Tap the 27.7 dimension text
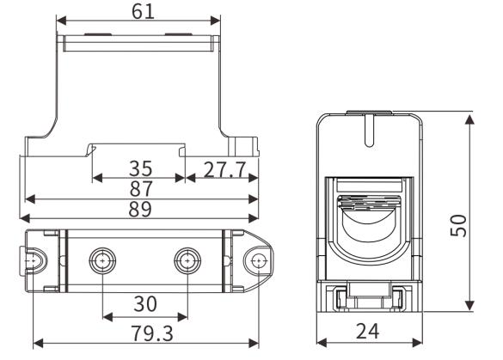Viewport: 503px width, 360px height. [x=225, y=167]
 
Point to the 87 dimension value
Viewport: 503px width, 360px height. [x=140, y=188]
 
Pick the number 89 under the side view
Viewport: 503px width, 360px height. [x=140, y=210]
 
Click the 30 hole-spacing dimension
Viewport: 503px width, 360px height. [x=144, y=304]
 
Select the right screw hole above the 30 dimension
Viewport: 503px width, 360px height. [x=187, y=260]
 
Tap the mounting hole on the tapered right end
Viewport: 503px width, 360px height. [x=256, y=260]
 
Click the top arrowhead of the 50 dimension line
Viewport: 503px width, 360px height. [x=469, y=117]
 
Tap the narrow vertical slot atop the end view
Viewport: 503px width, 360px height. [x=367, y=131]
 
